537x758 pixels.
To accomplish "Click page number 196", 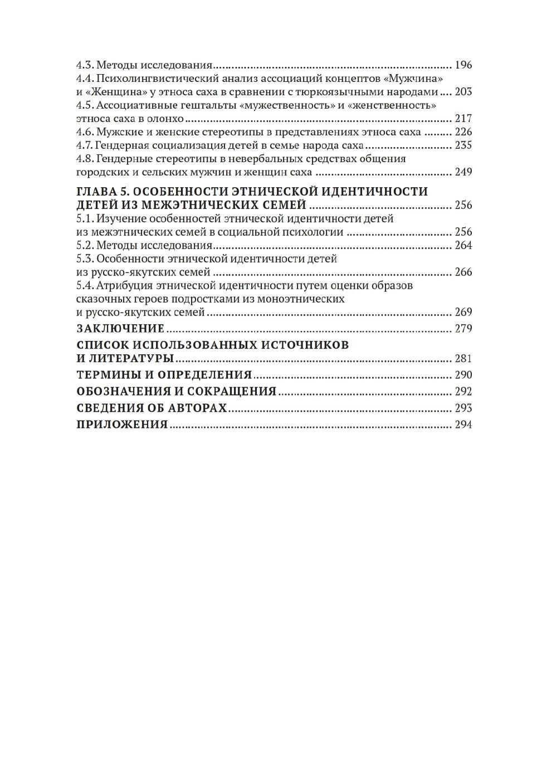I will tap(463, 65).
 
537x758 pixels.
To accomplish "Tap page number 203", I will tap(463, 92).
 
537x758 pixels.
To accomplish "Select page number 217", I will tap(463, 119).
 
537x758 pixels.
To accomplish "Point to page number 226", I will tap(463, 132).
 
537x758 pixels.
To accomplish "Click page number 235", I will tap(463, 145).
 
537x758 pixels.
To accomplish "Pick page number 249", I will tap(463, 172).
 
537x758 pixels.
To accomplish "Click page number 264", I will tap(463, 246).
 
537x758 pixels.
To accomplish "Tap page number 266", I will tap(463, 272).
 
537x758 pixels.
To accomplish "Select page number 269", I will tap(463, 312).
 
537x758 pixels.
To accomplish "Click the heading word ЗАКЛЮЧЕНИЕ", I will tap(120, 329).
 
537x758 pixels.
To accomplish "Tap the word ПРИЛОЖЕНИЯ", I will tap(122, 425).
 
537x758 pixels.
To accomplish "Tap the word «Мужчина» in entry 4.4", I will tap(414, 79).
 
